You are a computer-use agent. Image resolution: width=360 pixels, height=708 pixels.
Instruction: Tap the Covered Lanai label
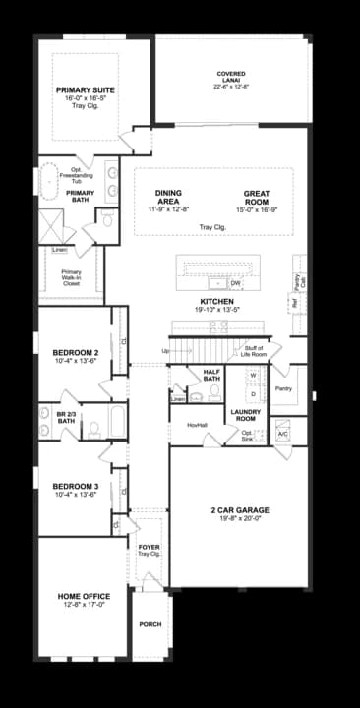[231, 74]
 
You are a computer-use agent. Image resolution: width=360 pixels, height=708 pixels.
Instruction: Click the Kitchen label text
[216, 301]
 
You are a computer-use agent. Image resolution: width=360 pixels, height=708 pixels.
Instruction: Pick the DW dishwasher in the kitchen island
[236, 283]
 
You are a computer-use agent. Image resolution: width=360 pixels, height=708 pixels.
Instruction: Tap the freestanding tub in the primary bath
[49, 181]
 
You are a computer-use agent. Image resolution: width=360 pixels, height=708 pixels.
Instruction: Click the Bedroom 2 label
[76, 352]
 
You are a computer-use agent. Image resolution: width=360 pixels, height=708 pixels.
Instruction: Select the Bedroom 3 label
[76, 487]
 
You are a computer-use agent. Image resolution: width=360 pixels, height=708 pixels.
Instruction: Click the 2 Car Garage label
[239, 510]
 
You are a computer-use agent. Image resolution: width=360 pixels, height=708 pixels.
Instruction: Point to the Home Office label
[83, 596]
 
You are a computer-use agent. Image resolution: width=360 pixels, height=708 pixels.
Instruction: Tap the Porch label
[150, 624]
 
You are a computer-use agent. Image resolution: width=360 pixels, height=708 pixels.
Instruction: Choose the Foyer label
[149, 547]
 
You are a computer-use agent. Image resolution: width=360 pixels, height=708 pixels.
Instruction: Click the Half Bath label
[210, 375]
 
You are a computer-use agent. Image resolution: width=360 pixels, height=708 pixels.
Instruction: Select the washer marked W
[253, 376]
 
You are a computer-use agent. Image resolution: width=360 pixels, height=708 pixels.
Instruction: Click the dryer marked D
[253, 393]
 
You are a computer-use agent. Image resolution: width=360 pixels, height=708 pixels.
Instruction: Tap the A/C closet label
[282, 434]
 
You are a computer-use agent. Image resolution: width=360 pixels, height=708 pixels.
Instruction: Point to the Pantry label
[284, 388]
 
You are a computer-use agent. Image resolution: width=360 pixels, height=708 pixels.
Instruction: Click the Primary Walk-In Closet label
[71, 276]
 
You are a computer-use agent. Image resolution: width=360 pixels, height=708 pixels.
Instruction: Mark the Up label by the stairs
[166, 350]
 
